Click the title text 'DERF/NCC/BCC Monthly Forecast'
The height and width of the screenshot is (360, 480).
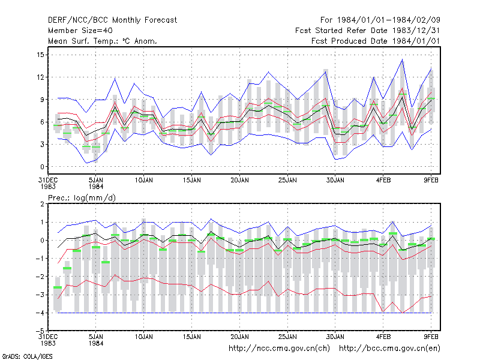coord(112,20)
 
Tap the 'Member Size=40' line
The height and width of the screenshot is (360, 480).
coord(80,31)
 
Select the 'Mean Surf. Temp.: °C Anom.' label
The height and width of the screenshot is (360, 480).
coord(103,41)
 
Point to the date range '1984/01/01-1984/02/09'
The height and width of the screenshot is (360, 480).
coord(388,20)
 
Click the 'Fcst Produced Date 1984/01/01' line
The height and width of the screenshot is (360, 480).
coord(376,41)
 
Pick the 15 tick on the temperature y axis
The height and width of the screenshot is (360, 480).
coord(40,55)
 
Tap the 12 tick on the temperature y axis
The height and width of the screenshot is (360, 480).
coord(40,77)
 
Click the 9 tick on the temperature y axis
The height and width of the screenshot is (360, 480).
coord(42,100)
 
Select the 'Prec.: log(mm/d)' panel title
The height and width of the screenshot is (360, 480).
coord(82,198)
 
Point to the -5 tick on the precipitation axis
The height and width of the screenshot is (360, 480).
coord(40,331)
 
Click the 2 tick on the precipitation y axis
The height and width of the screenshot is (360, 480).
coord(42,204)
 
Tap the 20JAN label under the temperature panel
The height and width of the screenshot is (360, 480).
coord(239,181)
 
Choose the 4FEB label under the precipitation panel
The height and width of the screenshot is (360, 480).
coord(383,337)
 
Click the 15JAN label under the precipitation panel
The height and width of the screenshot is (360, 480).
coord(191,337)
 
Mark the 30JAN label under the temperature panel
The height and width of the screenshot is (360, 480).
coord(335,181)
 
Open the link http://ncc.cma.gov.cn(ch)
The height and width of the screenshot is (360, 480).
coord(279,349)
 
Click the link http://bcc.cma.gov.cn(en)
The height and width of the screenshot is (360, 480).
coord(389,349)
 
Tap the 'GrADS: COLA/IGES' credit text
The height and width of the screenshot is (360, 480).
coord(27,356)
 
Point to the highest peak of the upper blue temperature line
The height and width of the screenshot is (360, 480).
coord(402,59)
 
